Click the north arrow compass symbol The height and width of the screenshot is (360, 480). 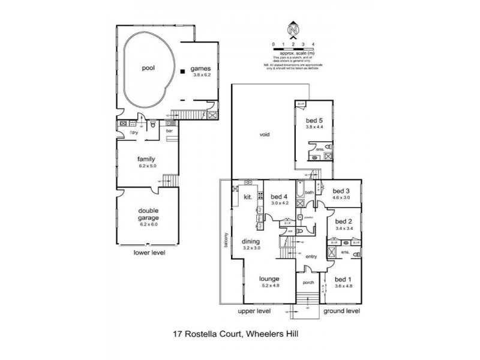[x=293, y=28]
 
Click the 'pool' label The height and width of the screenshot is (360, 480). [x=148, y=68]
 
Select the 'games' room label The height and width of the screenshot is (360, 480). [x=202, y=68]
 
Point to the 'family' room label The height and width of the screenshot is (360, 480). [x=146, y=159]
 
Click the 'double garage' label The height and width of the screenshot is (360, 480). [x=148, y=213]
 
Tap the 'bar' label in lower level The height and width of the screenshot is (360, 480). [x=169, y=130]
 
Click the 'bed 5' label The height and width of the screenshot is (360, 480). [x=314, y=120]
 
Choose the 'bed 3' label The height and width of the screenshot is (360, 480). [x=341, y=190]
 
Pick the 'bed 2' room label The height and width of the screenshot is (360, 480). [x=343, y=221]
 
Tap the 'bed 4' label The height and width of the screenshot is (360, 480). [x=279, y=196]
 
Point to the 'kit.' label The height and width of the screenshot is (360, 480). [x=247, y=196]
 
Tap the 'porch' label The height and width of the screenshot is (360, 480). [x=308, y=282]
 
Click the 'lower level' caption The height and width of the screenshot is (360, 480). [x=149, y=253]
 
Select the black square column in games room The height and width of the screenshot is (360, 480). [x=181, y=72]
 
